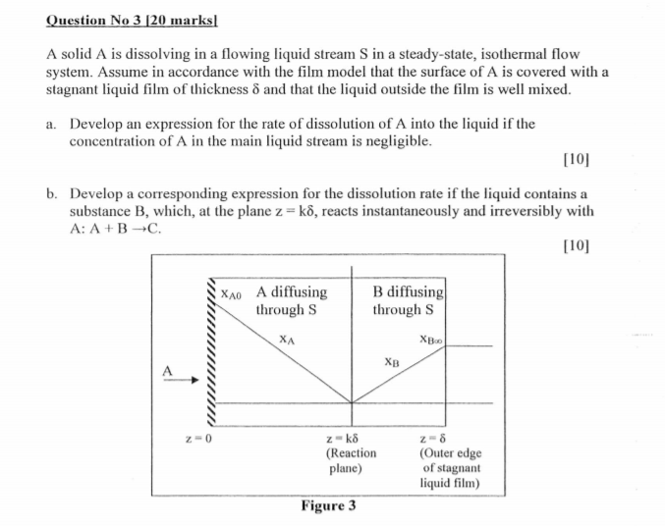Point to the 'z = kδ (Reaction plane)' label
tap(351, 452)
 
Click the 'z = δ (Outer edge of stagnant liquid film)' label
tap(449, 460)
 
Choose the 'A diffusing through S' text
tap(291, 300)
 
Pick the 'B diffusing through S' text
tap(408, 300)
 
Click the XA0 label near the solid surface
tap(233, 292)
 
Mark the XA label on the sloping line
tap(287, 340)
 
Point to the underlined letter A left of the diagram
tap(167, 370)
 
